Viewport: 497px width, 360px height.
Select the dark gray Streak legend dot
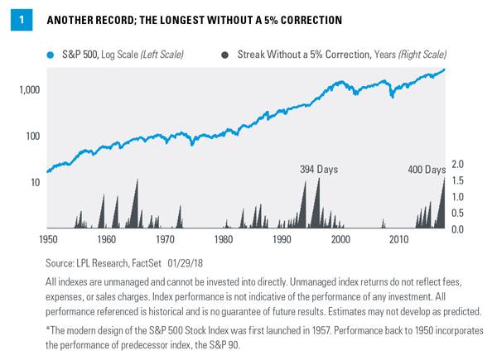(224, 55)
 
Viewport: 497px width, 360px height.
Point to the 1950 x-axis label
(48, 239)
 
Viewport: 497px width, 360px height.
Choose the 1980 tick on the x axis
(224, 239)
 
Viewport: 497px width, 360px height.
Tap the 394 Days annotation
(319, 170)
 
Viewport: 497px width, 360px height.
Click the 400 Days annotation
(427, 170)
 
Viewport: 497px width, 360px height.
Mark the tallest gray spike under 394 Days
(316, 180)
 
